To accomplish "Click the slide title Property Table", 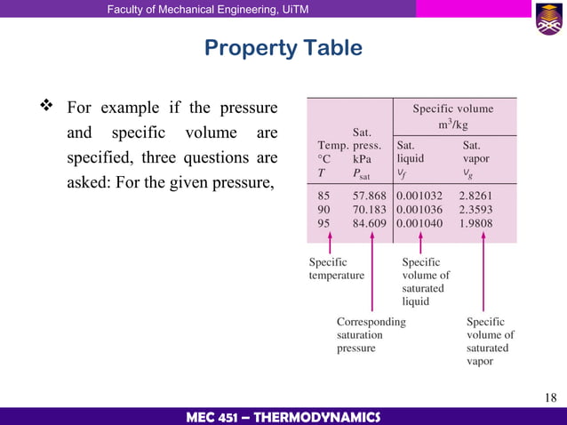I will (283, 47).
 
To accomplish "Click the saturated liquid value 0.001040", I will (419, 223).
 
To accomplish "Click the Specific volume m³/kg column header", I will (452, 116).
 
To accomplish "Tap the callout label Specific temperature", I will (336, 269).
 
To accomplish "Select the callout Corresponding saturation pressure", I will (371, 334).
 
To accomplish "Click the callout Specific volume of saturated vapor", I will (490, 341).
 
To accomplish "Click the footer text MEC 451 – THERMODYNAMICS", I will (283, 417).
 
